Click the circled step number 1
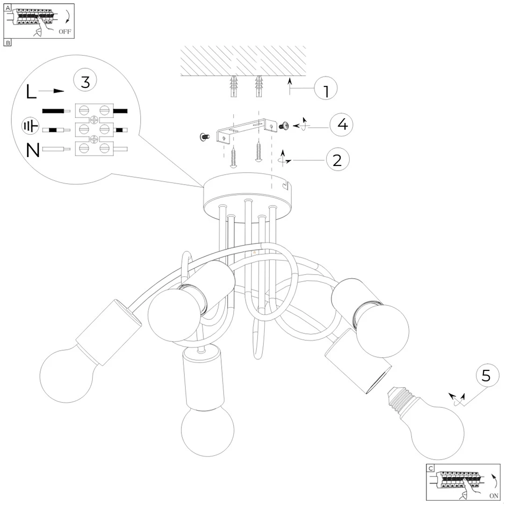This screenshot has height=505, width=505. pyautogui.click(x=325, y=88)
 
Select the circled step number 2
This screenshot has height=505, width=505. pyautogui.click(x=338, y=160)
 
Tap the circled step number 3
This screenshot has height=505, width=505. pyautogui.click(x=86, y=80)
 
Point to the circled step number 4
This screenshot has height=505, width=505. pyautogui.click(x=341, y=125)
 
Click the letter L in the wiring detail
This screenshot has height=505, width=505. pyautogui.click(x=31, y=92)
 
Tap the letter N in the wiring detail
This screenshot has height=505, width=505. pyautogui.click(x=33, y=151)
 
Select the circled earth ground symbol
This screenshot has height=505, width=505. pyautogui.click(x=30, y=126)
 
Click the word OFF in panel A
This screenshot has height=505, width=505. pyautogui.click(x=65, y=32)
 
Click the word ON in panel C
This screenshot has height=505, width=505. pyautogui.click(x=494, y=496)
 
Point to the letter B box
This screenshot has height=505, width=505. pyautogui.click(x=7, y=43)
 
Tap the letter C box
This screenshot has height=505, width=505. pyautogui.click(x=431, y=468)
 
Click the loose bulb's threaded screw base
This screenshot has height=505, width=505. pyautogui.click(x=398, y=399)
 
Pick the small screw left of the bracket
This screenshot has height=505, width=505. pyautogui.click(x=205, y=137)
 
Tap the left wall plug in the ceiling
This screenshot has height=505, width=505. pyautogui.click(x=234, y=87)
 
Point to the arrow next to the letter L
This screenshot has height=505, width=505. pyautogui.click(x=51, y=91)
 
